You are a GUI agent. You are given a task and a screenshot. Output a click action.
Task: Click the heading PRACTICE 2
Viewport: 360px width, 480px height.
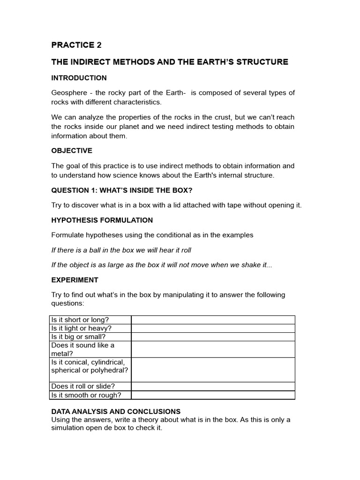click(76, 45)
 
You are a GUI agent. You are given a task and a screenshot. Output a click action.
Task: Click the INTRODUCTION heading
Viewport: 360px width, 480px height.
click(79, 78)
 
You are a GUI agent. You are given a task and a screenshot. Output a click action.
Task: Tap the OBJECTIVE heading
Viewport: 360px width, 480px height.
click(72, 150)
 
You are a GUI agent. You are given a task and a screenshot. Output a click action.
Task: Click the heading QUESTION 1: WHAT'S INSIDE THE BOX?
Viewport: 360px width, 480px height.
click(122, 190)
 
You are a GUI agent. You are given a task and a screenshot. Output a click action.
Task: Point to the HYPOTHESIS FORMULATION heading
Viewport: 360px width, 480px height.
click(102, 220)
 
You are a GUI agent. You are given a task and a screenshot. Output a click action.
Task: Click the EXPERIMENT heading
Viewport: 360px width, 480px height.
click(75, 280)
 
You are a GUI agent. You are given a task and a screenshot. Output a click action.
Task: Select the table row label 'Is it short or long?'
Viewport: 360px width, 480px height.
click(80, 320)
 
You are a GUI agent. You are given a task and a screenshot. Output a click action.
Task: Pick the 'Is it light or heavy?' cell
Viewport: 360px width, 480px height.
click(82, 328)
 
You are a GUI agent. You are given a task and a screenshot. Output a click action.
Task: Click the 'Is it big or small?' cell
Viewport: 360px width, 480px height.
click(79, 337)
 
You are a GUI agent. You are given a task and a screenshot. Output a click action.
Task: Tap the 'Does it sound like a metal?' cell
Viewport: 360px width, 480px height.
click(82, 349)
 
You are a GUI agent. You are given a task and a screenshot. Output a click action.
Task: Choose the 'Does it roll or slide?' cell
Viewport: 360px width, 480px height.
click(83, 386)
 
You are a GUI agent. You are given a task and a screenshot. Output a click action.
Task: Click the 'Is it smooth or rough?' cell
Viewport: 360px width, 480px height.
click(86, 395)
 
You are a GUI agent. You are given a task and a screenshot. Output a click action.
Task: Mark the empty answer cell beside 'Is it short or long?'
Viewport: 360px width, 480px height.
click(213, 320)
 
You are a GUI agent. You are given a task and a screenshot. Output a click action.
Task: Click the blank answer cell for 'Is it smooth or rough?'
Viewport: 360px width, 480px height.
click(213, 395)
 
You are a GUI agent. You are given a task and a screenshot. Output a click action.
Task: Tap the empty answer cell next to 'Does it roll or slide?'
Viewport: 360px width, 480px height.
click(213, 386)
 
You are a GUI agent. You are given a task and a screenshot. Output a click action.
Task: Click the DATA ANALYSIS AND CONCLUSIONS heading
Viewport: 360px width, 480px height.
click(116, 412)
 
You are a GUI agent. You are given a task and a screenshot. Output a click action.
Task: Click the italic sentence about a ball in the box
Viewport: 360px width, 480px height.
click(121, 250)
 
